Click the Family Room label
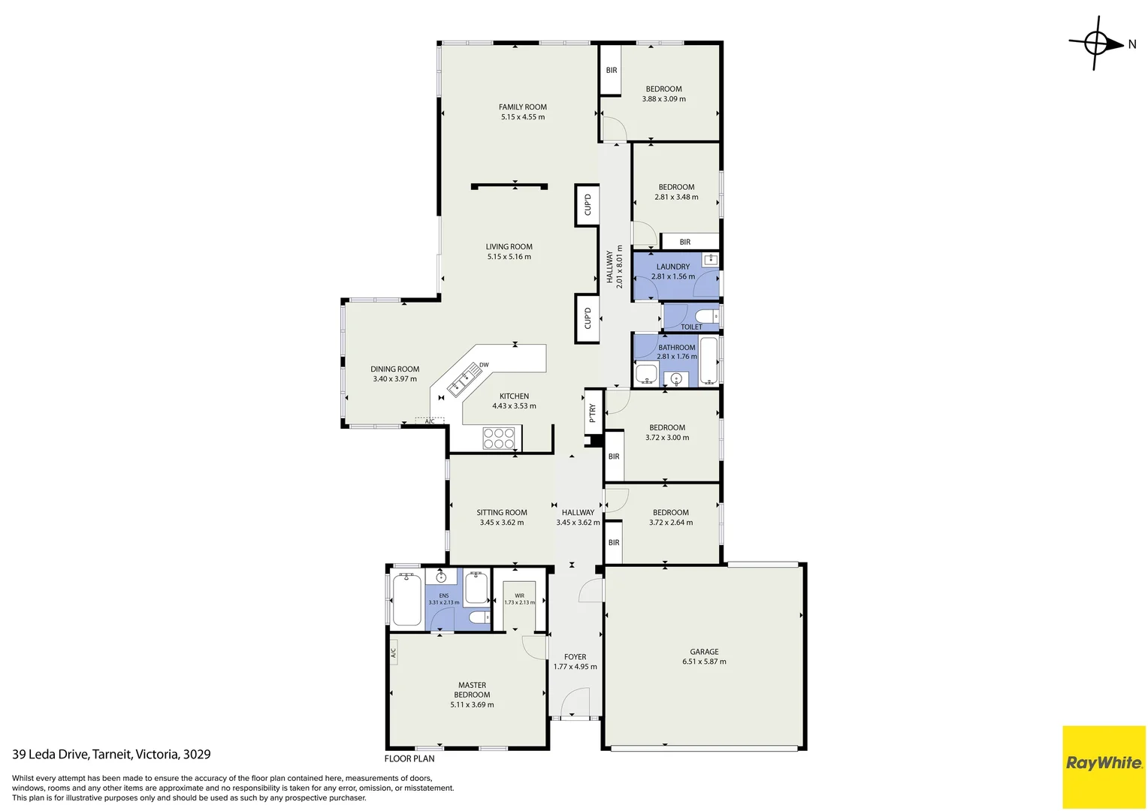pyautogui.click(x=522, y=107)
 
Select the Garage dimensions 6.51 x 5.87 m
pyautogui.click(x=704, y=662)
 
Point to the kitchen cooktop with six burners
pyautogui.click(x=498, y=439)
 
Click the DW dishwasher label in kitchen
pyautogui.click(x=484, y=365)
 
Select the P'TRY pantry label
pyautogui.click(x=593, y=412)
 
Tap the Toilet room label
pyautogui.click(x=690, y=327)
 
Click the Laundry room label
pyautogui.click(x=672, y=267)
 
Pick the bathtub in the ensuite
pyautogui.click(x=406, y=598)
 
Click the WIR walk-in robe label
pyautogui.click(x=519, y=595)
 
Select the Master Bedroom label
pyautogui.click(x=472, y=689)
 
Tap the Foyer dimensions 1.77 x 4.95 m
pyautogui.click(x=575, y=667)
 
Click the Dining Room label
pyautogui.click(x=394, y=369)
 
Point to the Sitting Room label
pyautogui.click(x=501, y=513)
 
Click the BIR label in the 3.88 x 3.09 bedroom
pyautogui.click(x=612, y=71)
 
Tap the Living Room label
pyautogui.click(x=509, y=246)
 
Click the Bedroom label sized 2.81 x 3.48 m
pyautogui.click(x=676, y=187)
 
